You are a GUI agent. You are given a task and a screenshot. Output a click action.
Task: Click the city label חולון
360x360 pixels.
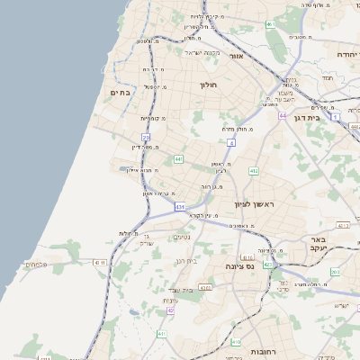point(209,85)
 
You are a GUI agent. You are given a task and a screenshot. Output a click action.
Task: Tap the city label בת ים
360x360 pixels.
point(121,92)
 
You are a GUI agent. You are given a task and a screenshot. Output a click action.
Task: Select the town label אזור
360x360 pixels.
point(237,56)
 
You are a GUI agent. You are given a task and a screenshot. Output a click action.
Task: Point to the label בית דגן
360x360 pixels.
point(308,117)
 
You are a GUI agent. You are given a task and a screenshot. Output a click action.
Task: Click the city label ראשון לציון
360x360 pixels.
point(254,204)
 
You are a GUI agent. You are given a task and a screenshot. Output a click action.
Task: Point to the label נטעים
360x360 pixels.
point(181,237)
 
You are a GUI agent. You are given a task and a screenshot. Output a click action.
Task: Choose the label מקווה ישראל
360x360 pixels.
point(202,52)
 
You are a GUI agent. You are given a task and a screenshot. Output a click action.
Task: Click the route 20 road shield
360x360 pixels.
point(146,138)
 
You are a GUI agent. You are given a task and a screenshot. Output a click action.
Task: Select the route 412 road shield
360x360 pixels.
point(254,170)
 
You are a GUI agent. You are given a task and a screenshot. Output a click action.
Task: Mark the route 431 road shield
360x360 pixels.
point(180,207)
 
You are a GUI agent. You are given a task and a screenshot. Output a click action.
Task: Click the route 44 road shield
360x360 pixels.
point(283,116)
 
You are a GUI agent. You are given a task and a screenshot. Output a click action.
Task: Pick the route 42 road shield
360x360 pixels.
point(170,310)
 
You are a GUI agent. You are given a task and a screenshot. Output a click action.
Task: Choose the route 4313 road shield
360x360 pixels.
point(205,288)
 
